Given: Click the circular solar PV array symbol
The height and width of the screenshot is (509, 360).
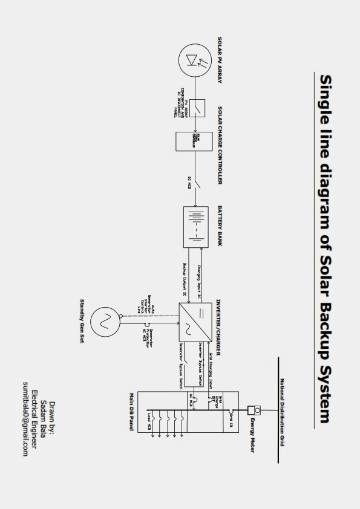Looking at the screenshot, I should (195, 61).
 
